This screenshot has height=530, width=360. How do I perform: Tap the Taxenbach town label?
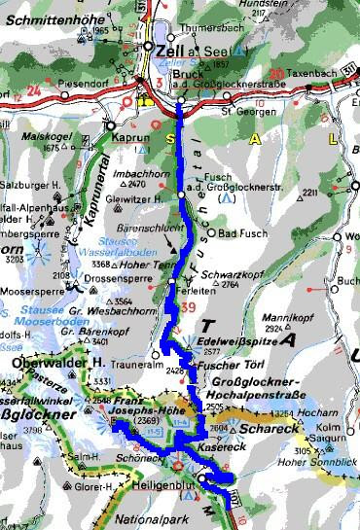313,85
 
